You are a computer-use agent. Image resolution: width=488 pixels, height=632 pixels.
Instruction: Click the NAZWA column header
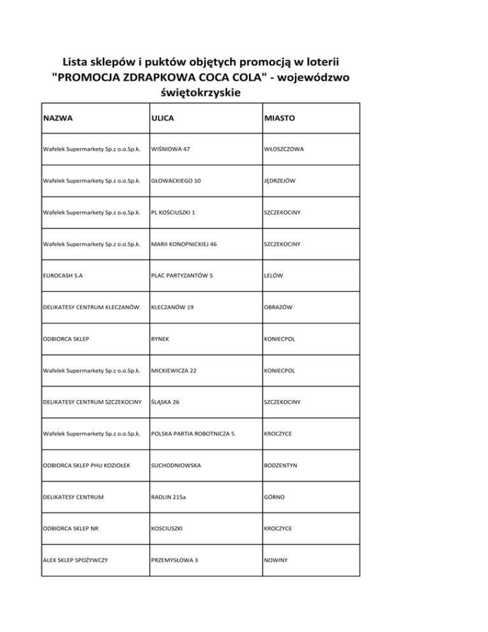tap(58, 118)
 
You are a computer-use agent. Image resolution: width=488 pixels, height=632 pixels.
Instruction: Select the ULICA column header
tap(163, 118)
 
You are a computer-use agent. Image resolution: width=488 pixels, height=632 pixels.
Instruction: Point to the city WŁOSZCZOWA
tap(284, 149)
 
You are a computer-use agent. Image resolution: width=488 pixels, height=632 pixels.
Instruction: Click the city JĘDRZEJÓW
tap(280, 181)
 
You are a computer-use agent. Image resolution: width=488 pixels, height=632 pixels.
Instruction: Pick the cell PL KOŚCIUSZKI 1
tap(173, 212)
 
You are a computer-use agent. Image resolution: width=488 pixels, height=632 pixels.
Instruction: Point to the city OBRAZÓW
tap(277, 307)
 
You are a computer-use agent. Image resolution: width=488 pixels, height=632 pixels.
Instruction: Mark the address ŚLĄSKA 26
tap(167, 402)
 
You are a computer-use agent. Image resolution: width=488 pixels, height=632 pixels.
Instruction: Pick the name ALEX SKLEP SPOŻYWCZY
tap(75, 560)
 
